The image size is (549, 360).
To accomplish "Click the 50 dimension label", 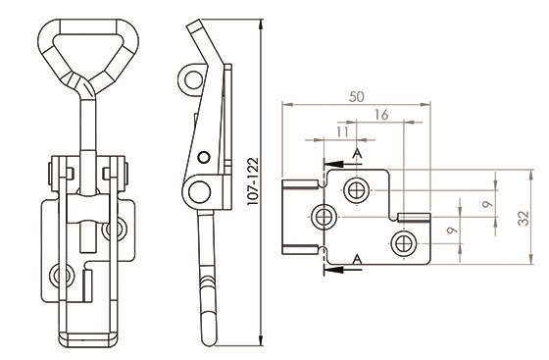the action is [x=357, y=97].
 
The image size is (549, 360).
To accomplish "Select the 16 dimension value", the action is [x=381, y=115].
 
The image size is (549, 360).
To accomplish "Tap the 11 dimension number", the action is [x=343, y=132].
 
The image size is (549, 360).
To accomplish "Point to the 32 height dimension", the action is [x=524, y=218].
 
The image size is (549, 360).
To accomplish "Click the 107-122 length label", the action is [x=253, y=181].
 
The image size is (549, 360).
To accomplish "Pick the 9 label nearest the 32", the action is [x=487, y=204].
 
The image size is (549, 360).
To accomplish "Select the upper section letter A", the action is [x=357, y=153].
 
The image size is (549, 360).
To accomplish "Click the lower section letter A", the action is [x=357, y=260].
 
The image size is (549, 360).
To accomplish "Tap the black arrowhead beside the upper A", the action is [x=333, y=164].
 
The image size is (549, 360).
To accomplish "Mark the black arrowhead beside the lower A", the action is [x=333, y=270].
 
